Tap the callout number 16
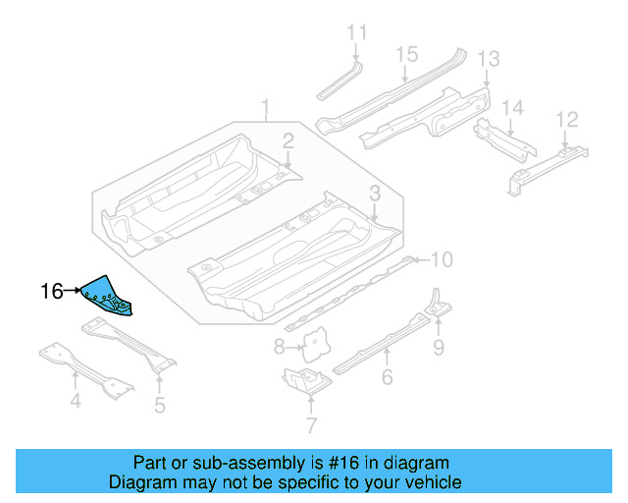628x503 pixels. pos(52,291)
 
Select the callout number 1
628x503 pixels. pos(264,106)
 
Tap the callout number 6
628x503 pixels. pos(387,377)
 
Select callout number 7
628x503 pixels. pos(311,425)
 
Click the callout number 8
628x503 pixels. pos(279,346)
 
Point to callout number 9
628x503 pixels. pos(438,345)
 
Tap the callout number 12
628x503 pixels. pos(566,120)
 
